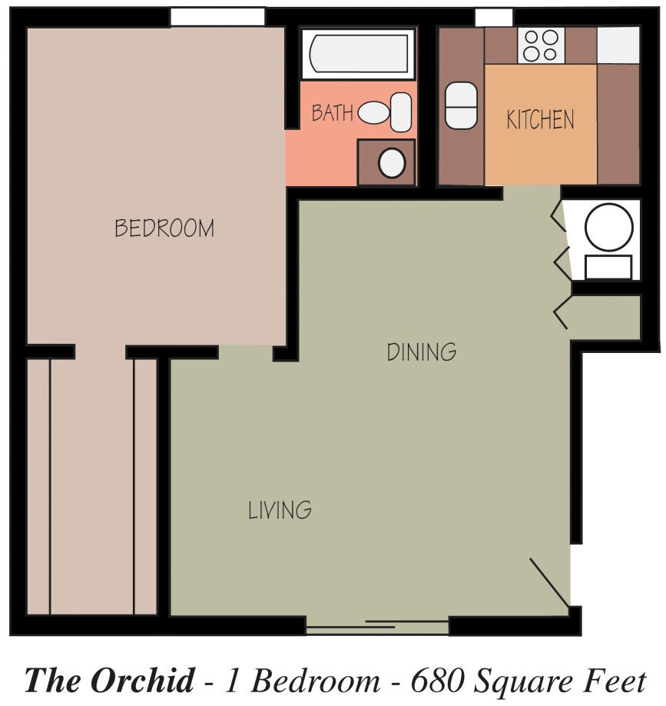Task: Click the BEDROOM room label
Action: point(164,228)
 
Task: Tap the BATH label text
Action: point(333,112)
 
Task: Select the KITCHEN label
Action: point(540,119)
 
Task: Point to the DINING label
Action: point(422,351)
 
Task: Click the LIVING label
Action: point(280,510)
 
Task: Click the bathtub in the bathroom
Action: point(359,54)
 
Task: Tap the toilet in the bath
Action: point(385,112)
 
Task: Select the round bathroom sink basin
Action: point(392,163)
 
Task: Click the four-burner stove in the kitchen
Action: point(541,45)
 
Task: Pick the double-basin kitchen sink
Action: point(461,106)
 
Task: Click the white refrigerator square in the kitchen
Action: point(618,45)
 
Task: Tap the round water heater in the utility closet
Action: point(609,227)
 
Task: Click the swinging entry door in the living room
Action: point(550,583)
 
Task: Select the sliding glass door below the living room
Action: point(377,625)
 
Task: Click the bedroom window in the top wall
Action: point(217,17)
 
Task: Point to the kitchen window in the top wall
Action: point(494,18)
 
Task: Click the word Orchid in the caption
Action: point(143,680)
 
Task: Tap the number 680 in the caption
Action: point(436,681)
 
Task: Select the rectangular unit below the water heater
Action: point(608,267)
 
